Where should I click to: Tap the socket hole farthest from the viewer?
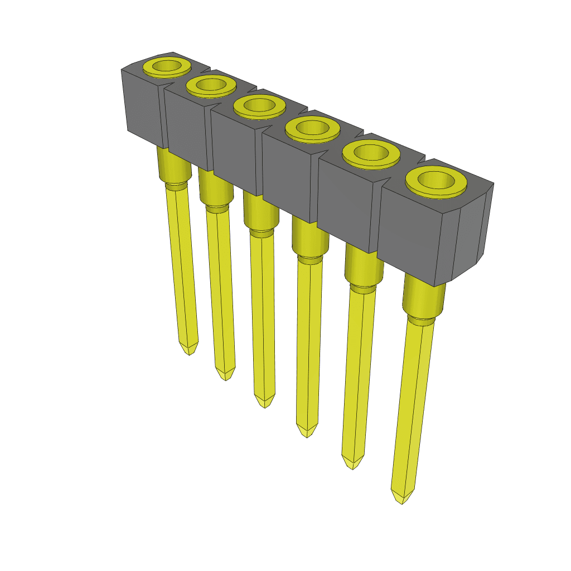167,66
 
